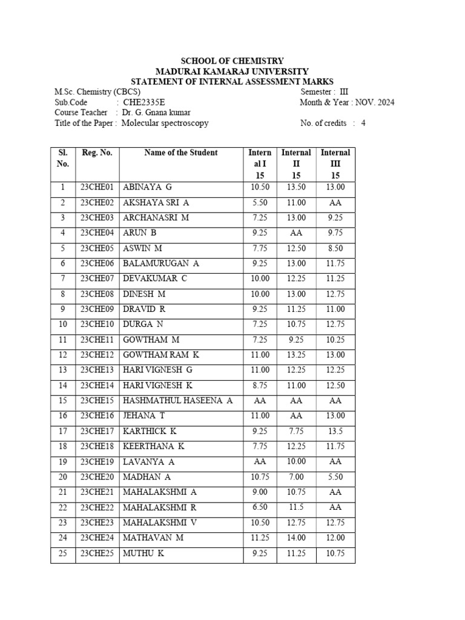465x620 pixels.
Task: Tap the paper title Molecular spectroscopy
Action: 165,123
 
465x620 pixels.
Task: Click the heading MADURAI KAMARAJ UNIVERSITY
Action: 232,71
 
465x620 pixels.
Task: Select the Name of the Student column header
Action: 181,153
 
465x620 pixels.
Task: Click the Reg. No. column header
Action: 97,153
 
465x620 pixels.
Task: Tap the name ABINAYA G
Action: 148,187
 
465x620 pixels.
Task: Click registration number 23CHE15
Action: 97,401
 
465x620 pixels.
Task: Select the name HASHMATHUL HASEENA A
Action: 178,401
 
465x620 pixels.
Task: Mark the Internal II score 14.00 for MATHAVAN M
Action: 297,538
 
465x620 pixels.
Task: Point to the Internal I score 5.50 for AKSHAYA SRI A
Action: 260,202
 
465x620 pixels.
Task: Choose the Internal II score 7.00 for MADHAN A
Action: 297,477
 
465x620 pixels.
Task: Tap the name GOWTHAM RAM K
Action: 161,355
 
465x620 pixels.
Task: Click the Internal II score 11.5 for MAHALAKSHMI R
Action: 297,507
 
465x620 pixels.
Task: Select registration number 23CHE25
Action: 97,553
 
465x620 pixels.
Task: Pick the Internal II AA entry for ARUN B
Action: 297,232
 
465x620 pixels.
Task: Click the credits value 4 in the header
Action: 363,123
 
